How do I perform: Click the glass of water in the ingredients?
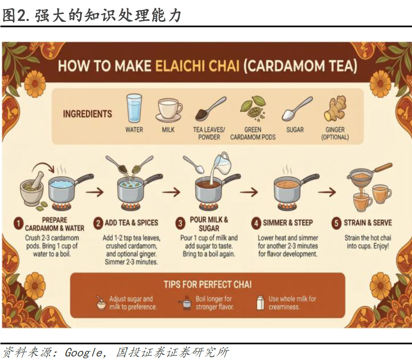click(x=134, y=108)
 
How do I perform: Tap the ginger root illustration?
click(x=335, y=108)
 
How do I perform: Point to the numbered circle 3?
click(x=180, y=223)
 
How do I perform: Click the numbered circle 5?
click(x=336, y=223)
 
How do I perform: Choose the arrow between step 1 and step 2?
click(x=95, y=192)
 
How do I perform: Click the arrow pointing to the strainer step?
click(x=327, y=192)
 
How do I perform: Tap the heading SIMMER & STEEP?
click(x=288, y=223)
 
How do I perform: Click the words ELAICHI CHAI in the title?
click(x=197, y=66)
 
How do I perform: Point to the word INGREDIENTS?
click(x=88, y=114)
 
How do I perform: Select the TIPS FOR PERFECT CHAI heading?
click(x=208, y=284)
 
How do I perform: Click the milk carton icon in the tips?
click(x=260, y=303)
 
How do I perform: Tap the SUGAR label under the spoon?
click(x=295, y=130)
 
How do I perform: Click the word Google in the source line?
click(x=84, y=353)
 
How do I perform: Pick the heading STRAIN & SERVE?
click(x=368, y=223)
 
